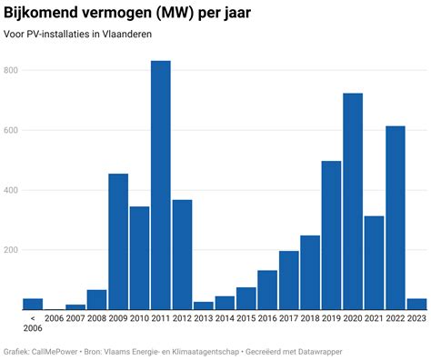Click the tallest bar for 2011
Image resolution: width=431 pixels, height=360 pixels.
pos(161,185)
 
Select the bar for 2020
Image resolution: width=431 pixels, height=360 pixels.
pos(353,202)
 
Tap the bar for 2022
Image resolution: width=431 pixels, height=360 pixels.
pos(396,218)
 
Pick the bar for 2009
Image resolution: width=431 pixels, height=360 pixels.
pos(118,242)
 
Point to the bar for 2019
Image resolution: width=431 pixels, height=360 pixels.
pos(331,235)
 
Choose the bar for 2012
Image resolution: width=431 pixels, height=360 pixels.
pos(182,255)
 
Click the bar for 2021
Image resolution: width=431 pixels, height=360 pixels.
pos(374,263)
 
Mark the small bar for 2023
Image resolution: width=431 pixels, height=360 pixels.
pos(416,304)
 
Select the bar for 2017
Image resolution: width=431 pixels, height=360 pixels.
pos(288,280)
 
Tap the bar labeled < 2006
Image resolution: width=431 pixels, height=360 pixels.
pos(33,304)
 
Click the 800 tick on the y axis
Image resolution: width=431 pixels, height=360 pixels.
pos(12,71)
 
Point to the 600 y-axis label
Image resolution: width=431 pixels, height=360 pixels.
pos(12,131)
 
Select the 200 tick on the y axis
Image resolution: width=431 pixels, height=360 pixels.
pos(12,250)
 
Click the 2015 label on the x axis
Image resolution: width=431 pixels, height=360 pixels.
pos(246,318)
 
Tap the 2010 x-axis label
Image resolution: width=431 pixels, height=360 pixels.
pos(139,318)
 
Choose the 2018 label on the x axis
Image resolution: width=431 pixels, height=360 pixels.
pos(309,318)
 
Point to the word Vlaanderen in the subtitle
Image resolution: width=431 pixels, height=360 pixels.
pos(126,34)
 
